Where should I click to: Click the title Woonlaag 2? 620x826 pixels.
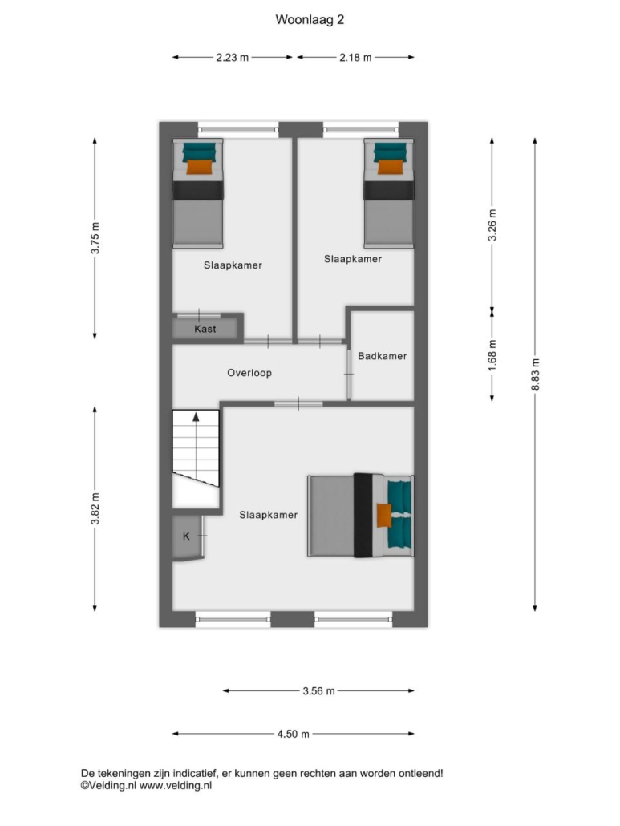[310, 19]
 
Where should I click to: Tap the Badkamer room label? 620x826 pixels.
[383, 356]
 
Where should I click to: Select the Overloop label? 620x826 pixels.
[249, 373]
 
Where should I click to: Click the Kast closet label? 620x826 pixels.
[205, 329]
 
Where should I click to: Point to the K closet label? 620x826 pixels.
[186, 536]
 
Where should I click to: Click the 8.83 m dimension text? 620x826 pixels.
[535, 374]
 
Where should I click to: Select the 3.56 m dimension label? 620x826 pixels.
[318, 690]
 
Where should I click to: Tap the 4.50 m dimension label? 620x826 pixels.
[294, 734]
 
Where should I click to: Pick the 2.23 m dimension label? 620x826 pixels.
[233, 58]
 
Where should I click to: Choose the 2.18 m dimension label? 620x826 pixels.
[355, 58]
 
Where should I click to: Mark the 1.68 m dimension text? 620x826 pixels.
[492, 354]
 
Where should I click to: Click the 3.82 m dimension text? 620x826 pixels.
[95, 508]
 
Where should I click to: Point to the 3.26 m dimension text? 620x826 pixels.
[492, 225]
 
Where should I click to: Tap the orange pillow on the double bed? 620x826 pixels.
[384, 515]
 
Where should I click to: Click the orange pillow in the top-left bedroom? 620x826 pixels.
[200, 167]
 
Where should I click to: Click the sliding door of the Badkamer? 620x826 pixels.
[349, 374]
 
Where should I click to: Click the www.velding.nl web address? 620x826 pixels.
[176, 785]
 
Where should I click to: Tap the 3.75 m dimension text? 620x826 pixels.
[95, 238]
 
